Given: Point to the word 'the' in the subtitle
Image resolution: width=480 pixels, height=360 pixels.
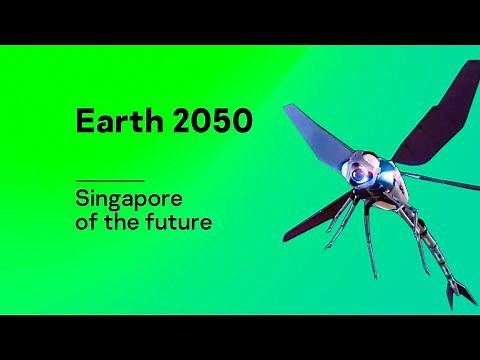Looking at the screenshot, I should click(x=124, y=222).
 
